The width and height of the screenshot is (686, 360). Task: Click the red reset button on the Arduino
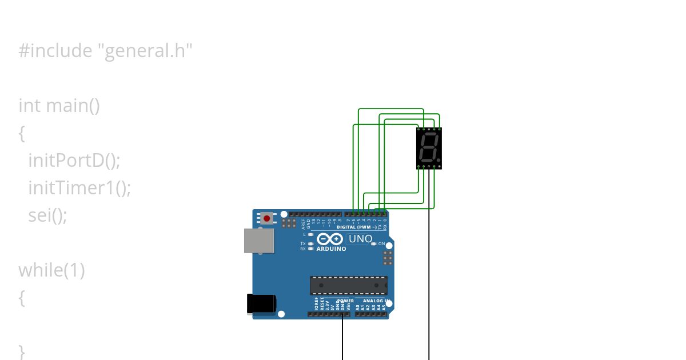click(266, 218)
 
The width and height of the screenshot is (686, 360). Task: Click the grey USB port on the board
click(259, 241)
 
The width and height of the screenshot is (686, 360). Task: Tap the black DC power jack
click(261, 303)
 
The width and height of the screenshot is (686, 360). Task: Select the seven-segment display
click(429, 148)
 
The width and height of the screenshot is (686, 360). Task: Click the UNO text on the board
click(360, 239)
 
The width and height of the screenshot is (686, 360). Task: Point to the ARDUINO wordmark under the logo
click(331, 249)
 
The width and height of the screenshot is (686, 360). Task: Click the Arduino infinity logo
click(330, 239)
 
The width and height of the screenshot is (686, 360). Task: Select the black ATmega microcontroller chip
click(349, 285)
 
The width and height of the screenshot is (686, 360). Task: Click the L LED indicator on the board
click(310, 234)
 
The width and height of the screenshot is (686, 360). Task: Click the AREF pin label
click(304, 223)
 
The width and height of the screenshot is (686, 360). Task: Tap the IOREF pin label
click(316, 303)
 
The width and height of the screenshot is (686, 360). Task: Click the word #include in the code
click(55, 51)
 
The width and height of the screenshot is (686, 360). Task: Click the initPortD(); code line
click(74, 161)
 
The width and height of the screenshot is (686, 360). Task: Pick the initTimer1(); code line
click(79, 187)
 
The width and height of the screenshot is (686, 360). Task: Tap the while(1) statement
click(51, 270)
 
